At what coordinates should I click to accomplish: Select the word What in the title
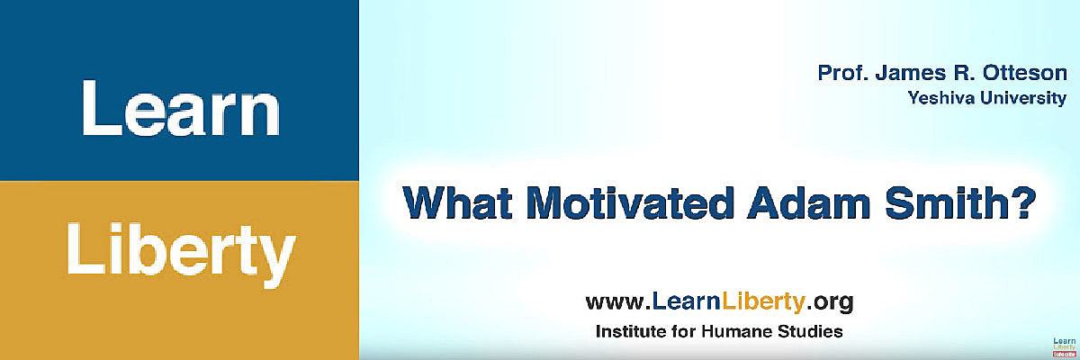tap(457, 202)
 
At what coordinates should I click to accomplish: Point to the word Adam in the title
tap(809, 202)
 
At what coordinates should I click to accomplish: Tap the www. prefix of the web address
tap(618, 302)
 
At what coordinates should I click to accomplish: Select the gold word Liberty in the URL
tap(763, 302)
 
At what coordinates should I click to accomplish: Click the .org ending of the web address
tap(830, 303)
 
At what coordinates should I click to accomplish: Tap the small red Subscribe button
tap(1064, 355)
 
